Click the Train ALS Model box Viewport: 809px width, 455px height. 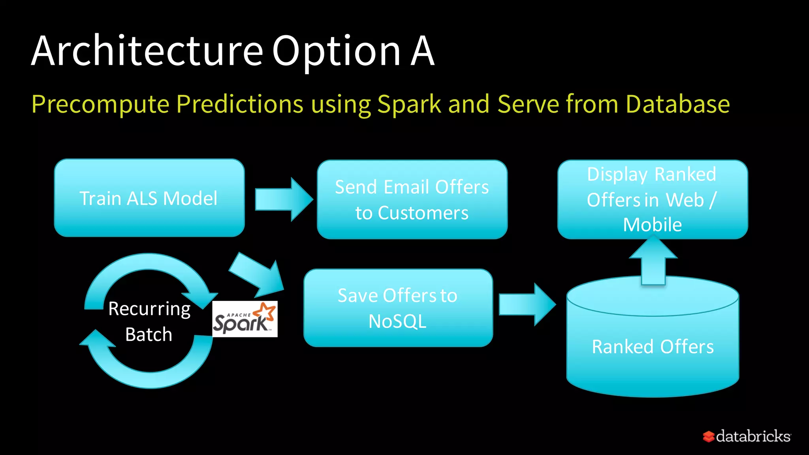click(x=149, y=198)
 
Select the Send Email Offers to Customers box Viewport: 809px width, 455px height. click(x=412, y=199)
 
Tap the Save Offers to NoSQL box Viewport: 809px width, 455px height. click(x=398, y=308)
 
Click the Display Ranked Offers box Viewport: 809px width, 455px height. click(x=652, y=199)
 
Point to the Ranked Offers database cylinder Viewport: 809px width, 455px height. click(x=653, y=346)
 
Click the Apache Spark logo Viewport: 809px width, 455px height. click(x=245, y=319)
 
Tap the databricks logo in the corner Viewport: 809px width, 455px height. click(x=747, y=436)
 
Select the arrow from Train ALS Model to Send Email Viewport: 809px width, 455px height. click(x=283, y=199)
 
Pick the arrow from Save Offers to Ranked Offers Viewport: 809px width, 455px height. click(x=527, y=305)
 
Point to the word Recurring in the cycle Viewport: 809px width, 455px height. click(x=149, y=309)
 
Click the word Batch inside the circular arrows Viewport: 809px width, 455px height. click(x=149, y=335)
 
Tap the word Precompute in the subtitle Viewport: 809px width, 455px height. click(x=100, y=104)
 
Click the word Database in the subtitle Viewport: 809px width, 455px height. click(x=677, y=104)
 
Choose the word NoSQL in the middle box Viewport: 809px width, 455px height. click(x=397, y=322)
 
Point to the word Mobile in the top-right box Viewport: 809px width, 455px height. click(x=652, y=225)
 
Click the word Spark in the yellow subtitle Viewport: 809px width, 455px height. click(x=409, y=104)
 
